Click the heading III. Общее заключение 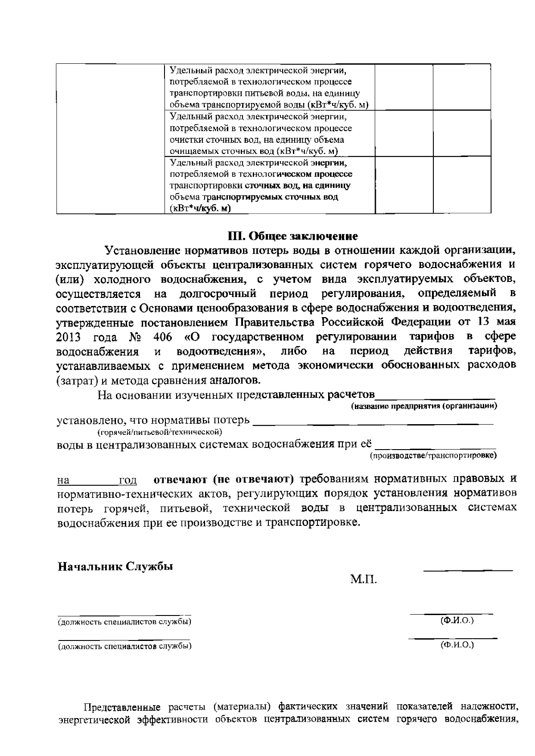point(292,235)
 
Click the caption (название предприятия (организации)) point(424,406)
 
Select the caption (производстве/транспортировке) point(433,456)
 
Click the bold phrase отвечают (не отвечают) point(224,479)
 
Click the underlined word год point(128,481)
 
